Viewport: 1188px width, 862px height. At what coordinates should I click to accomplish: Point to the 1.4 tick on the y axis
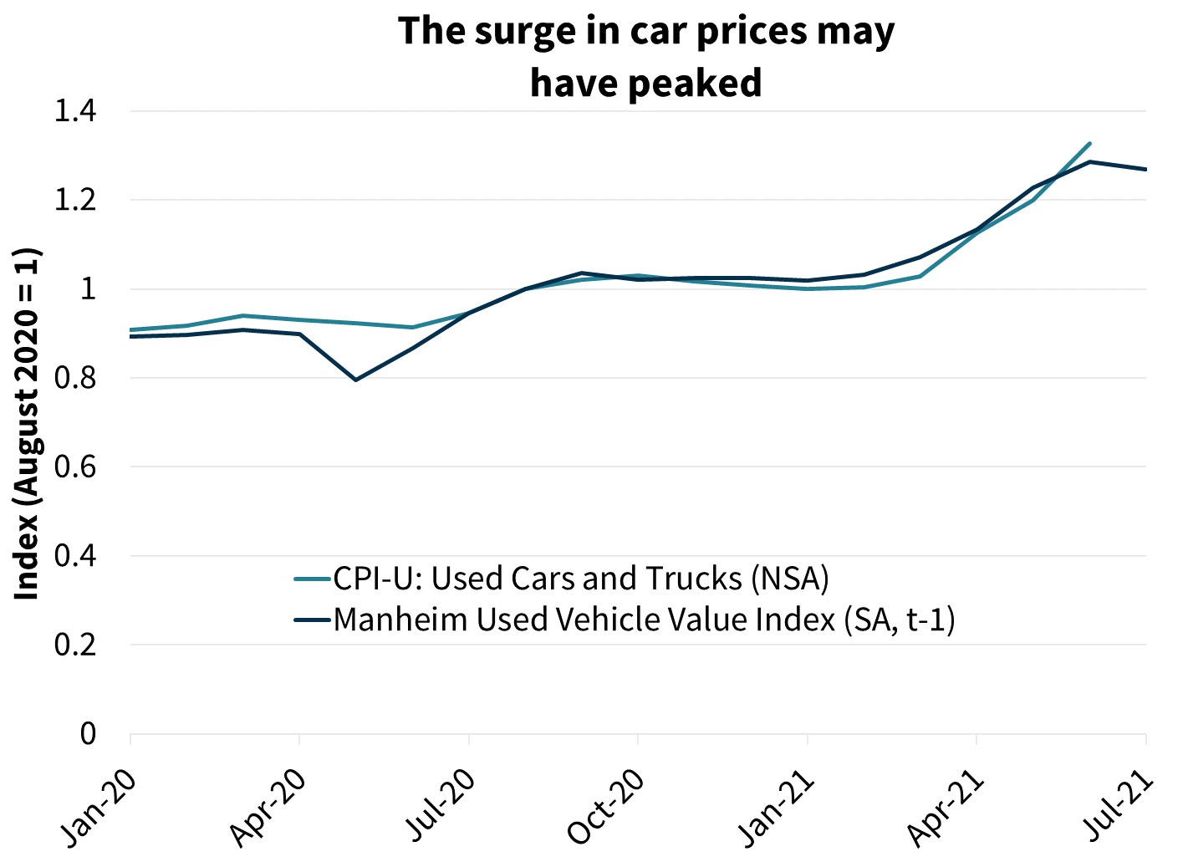click(75, 111)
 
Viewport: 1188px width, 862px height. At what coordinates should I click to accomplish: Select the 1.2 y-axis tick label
click(75, 201)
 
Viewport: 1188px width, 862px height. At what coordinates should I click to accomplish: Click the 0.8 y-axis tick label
click(75, 378)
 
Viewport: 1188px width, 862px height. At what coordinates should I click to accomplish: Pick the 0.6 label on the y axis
click(75, 467)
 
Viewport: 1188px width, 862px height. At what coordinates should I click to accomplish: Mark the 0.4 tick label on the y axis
click(75, 556)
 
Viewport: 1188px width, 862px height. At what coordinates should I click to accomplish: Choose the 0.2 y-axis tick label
click(75, 645)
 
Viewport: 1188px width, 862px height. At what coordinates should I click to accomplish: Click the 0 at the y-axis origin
click(88, 734)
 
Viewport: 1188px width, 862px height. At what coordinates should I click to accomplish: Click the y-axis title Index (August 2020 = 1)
click(28, 423)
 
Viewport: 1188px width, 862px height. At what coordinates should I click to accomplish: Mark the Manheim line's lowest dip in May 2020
click(356, 380)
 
